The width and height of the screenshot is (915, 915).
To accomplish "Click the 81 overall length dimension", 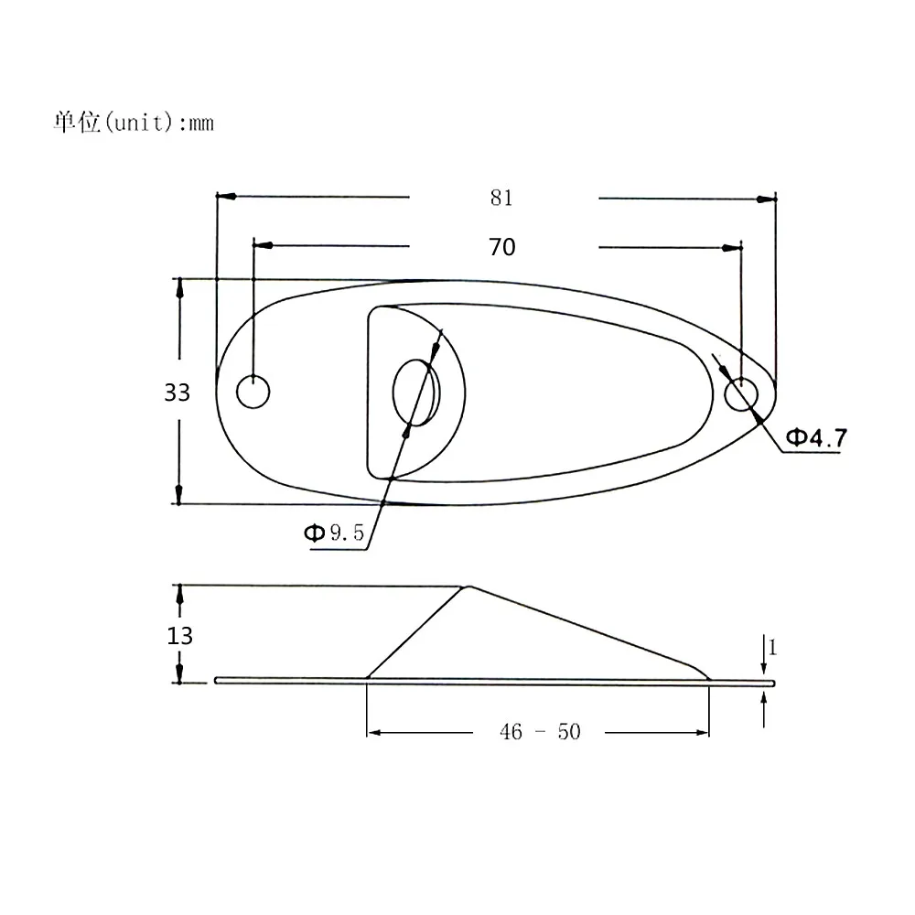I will tap(501, 198).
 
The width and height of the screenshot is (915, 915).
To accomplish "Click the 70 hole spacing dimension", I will tap(501, 246).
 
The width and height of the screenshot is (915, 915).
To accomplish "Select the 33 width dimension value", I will tap(177, 393).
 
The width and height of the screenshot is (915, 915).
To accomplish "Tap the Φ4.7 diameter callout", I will tap(816, 437).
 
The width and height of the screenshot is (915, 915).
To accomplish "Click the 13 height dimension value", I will tap(180, 635).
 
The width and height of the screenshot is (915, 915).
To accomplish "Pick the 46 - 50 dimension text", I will tap(539, 732).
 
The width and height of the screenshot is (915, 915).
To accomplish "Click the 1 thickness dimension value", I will tap(771, 648).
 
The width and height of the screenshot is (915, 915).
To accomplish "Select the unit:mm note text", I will tap(134, 123).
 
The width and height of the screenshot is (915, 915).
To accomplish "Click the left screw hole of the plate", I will tap(253, 392).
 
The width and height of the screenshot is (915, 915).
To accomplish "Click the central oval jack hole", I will tap(416, 393).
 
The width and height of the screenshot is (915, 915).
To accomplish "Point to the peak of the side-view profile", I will tap(468, 587).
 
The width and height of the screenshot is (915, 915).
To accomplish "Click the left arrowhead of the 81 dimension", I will tap(224, 197).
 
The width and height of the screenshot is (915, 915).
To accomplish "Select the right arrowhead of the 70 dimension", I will tap(732, 246).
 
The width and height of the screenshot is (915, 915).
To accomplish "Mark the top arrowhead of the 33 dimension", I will tap(180, 286).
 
